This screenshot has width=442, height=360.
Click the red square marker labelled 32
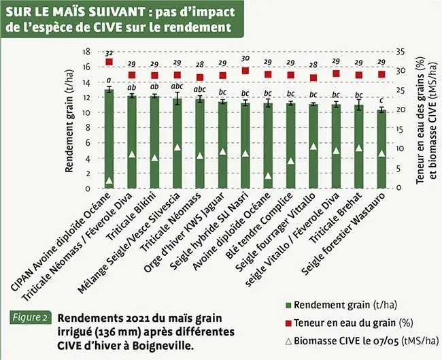click(x=109, y=63)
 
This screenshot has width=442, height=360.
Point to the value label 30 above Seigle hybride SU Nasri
click(x=245, y=59)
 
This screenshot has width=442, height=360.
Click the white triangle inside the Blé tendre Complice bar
click(x=291, y=161)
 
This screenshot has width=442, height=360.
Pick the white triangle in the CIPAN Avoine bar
click(x=109, y=180)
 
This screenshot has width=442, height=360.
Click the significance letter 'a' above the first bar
click(x=109, y=80)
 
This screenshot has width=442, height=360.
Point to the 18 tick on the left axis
click(x=86, y=52)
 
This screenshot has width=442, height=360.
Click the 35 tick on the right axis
click(x=401, y=52)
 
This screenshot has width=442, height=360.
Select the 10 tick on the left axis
click(x=86, y=112)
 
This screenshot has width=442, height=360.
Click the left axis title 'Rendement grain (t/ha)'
click(x=69, y=119)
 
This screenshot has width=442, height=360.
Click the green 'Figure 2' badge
click(x=30, y=318)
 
